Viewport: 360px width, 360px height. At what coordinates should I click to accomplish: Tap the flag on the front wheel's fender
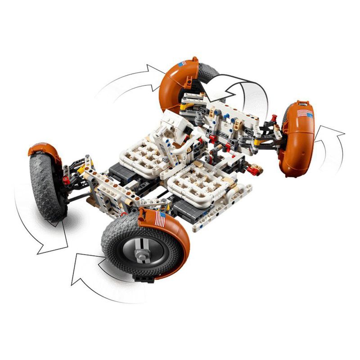tap(160, 220)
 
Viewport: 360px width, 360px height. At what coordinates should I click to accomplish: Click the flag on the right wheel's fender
tap(305, 113)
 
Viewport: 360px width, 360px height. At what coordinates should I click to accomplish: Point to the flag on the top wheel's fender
tap(181, 64)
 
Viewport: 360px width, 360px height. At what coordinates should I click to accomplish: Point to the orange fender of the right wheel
tap(295, 144)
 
